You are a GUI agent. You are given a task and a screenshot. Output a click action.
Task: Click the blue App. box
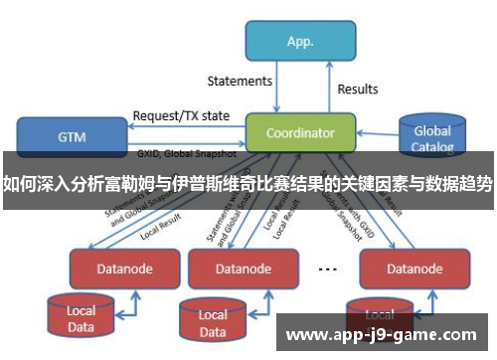point(300,41)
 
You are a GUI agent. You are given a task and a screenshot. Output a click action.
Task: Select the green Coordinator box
point(299,132)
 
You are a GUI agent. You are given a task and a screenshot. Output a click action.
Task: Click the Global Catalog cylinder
point(432,138)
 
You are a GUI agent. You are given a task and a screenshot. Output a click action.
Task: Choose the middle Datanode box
point(244,268)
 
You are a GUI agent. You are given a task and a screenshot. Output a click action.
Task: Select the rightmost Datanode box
point(400,268)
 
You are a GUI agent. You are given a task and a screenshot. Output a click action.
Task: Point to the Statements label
point(240,81)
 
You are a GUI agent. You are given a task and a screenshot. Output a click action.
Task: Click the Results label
point(358,89)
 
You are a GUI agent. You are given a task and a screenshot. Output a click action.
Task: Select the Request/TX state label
point(181,114)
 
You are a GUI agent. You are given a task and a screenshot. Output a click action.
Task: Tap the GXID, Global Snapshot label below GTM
point(185,155)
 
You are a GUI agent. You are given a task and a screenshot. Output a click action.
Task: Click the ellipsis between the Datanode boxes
point(327,268)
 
